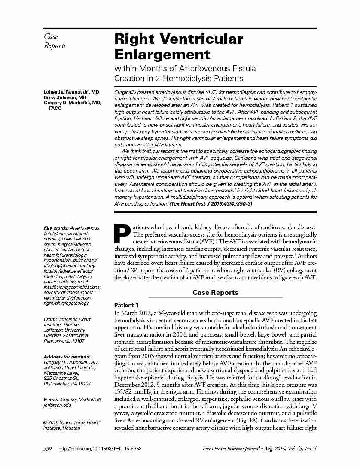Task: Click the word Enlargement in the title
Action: pyautogui.click(x=162, y=55)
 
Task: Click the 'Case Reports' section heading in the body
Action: pyautogui.click(x=215, y=293)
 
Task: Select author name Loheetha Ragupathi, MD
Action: pyautogui.click(x=71, y=92)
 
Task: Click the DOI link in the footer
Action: pyautogui.click(x=99, y=449)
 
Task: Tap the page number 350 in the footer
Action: pyautogui.click(x=48, y=449)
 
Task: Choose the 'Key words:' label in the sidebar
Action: pyautogui.click(x=56, y=228)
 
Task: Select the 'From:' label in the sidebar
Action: pyautogui.click(x=50, y=319)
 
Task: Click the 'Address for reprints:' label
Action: pyautogui.click(x=67, y=357)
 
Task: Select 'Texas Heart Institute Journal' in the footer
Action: pyautogui.click(x=230, y=449)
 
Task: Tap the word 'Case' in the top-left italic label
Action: pyautogui.click(x=51, y=37)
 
